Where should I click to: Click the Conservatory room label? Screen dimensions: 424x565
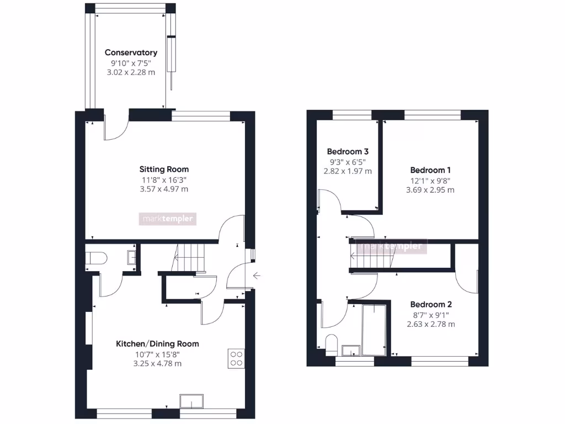point(131,52)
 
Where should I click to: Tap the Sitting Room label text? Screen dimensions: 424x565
point(164,169)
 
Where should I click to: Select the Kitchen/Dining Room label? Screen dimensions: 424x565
point(157,343)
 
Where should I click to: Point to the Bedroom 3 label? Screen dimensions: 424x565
point(348,151)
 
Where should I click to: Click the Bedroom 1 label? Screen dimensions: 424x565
point(431,170)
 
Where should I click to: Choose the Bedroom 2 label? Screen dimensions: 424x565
point(431,304)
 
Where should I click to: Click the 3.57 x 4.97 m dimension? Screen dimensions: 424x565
point(164,189)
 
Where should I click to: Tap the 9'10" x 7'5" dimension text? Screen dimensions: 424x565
point(131,62)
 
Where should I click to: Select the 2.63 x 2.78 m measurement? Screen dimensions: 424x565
point(431,324)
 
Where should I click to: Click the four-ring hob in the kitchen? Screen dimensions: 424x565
point(237,359)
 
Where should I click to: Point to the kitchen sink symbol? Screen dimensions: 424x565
point(191,401)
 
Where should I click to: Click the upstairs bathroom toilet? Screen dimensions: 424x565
point(332,344)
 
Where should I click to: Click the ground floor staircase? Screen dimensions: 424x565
point(188,258)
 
